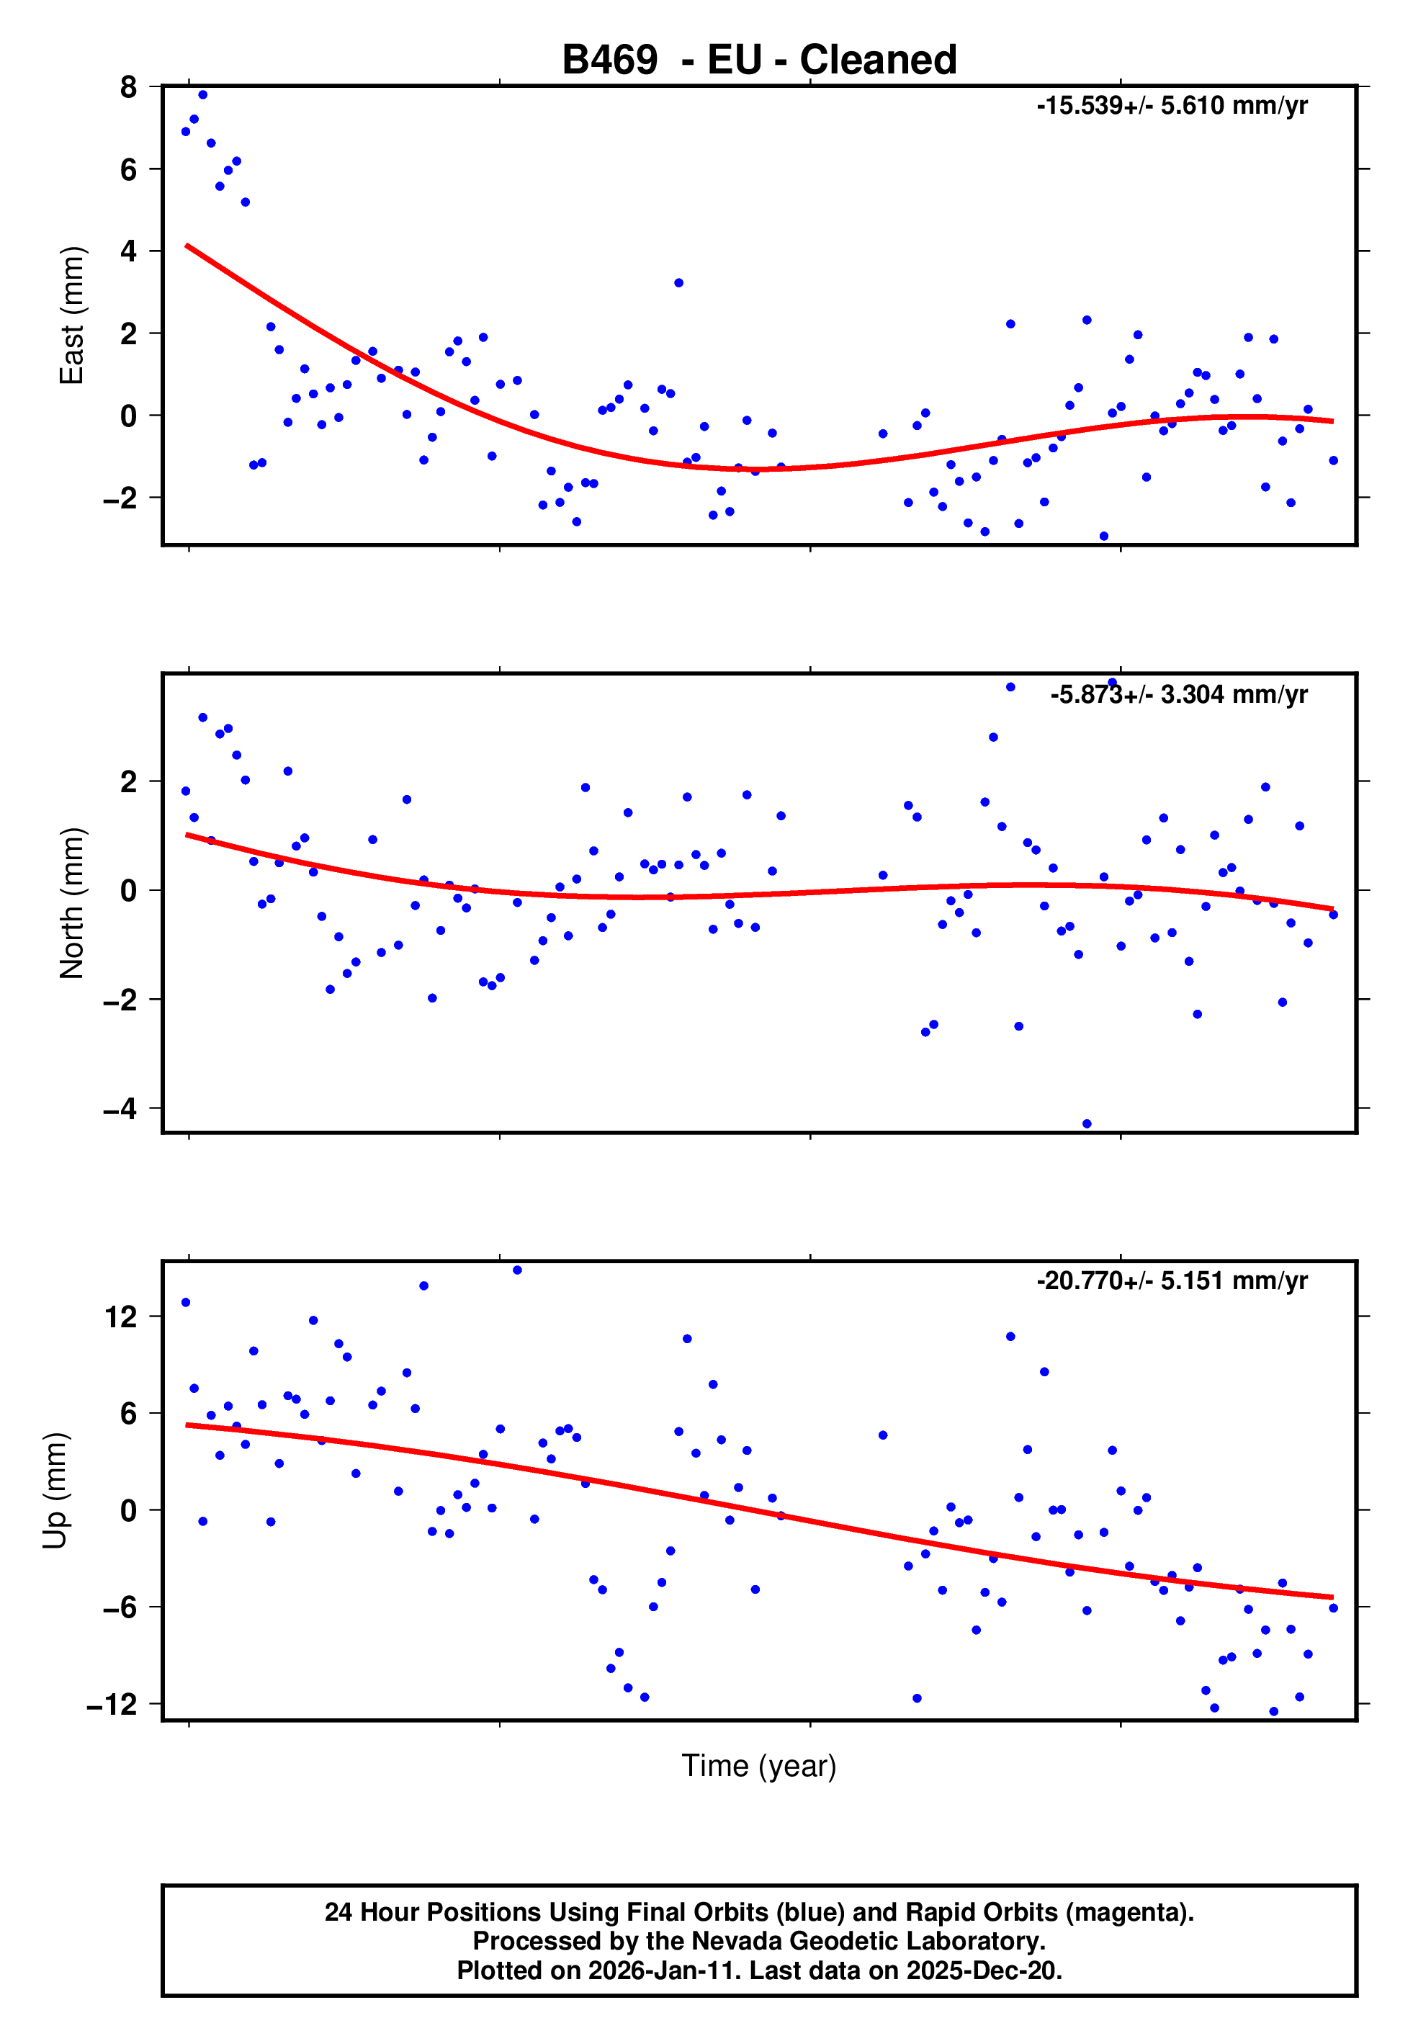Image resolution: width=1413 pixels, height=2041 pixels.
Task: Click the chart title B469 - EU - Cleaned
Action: pyautogui.click(x=759, y=60)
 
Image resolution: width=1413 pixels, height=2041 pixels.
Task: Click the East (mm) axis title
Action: pyautogui.click(x=71, y=315)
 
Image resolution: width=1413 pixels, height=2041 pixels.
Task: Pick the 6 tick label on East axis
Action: pyautogui.click(x=128, y=169)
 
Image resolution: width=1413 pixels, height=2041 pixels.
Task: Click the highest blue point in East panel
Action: pyautogui.click(x=203, y=94)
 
